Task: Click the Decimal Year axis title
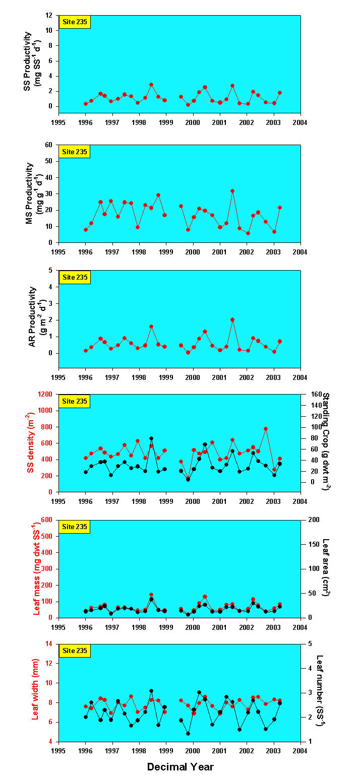coord(180,767)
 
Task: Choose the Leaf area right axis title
coord(326,568)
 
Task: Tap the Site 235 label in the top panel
coord(75,22)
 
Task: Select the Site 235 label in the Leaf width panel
coord(75,651)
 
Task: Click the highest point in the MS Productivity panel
coord(232,191)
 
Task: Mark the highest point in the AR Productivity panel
coord(232,319)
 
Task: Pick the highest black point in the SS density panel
coord(151,438)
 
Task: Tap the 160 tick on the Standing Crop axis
coord(310,394)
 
